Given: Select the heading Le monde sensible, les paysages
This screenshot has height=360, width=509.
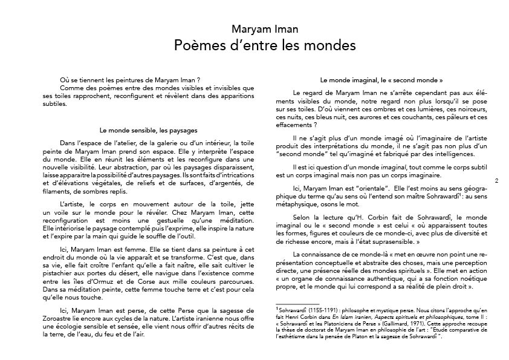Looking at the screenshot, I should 148,129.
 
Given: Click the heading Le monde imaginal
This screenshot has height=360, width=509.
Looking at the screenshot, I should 381,80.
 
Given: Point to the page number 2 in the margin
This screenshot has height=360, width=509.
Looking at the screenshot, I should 496,180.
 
